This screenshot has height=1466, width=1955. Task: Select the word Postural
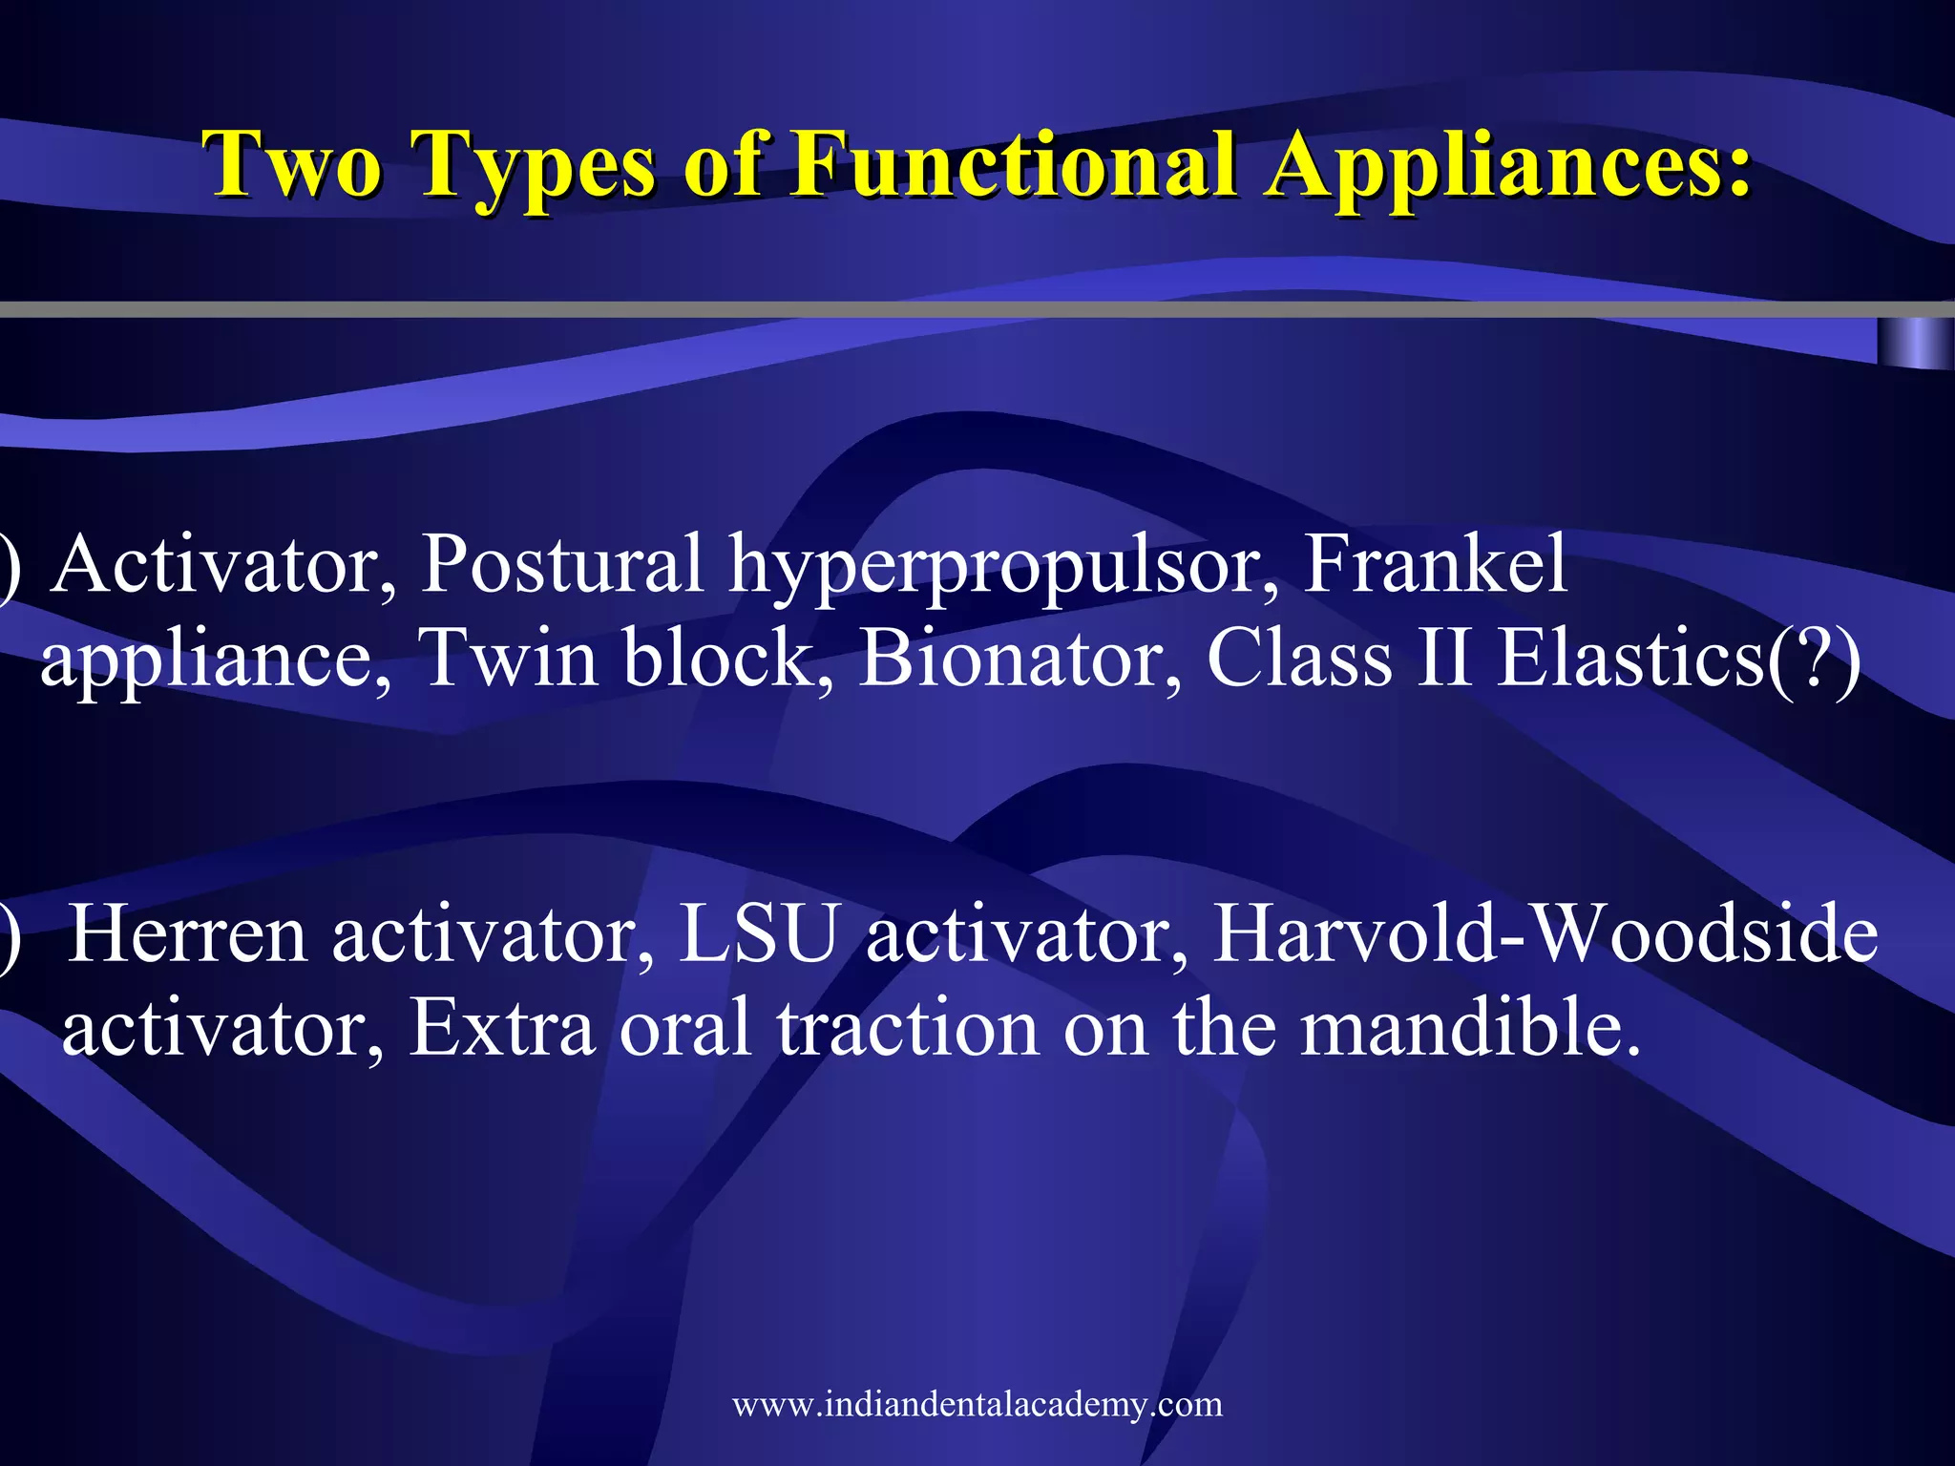[562, 565]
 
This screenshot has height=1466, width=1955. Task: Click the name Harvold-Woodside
[1545, 935]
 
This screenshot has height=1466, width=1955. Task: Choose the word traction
[907, 1028]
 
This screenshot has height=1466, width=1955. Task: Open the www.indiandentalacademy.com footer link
[977, 1404]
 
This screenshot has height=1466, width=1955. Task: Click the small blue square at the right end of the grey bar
[1915, 344]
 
